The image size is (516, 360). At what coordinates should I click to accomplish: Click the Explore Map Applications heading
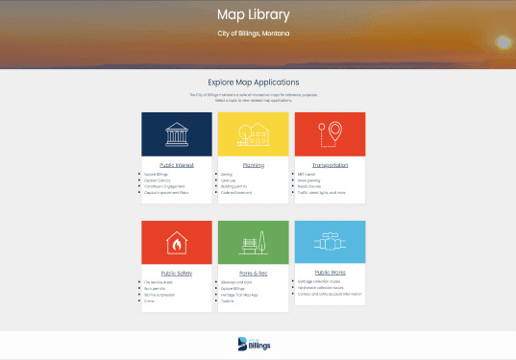254,82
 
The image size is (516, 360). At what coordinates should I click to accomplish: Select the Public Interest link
176,165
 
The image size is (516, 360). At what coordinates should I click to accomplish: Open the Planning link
253,165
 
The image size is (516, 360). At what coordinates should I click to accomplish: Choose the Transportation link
330,165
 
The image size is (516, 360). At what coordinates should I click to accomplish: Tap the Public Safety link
176,274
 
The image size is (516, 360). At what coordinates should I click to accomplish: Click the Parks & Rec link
253,274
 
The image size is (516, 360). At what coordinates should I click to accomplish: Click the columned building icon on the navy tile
176,134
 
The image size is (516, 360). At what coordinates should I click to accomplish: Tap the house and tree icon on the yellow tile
253,134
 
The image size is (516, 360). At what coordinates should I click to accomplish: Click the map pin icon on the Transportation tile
330,134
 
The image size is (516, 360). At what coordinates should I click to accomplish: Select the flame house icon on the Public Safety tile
176,243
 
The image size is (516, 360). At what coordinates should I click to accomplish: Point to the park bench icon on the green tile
253,243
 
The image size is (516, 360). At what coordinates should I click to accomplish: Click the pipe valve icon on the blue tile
330,243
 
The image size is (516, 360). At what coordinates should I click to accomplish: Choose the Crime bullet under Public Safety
150,300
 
